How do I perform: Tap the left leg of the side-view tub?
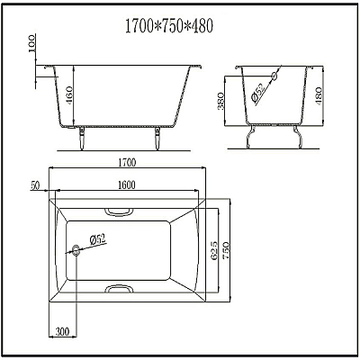(82, 137)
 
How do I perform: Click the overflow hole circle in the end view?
(280, 76)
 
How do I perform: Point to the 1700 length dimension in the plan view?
(127, 163)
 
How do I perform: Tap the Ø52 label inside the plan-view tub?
(97, 239)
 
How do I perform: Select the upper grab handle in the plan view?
(117, 213)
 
